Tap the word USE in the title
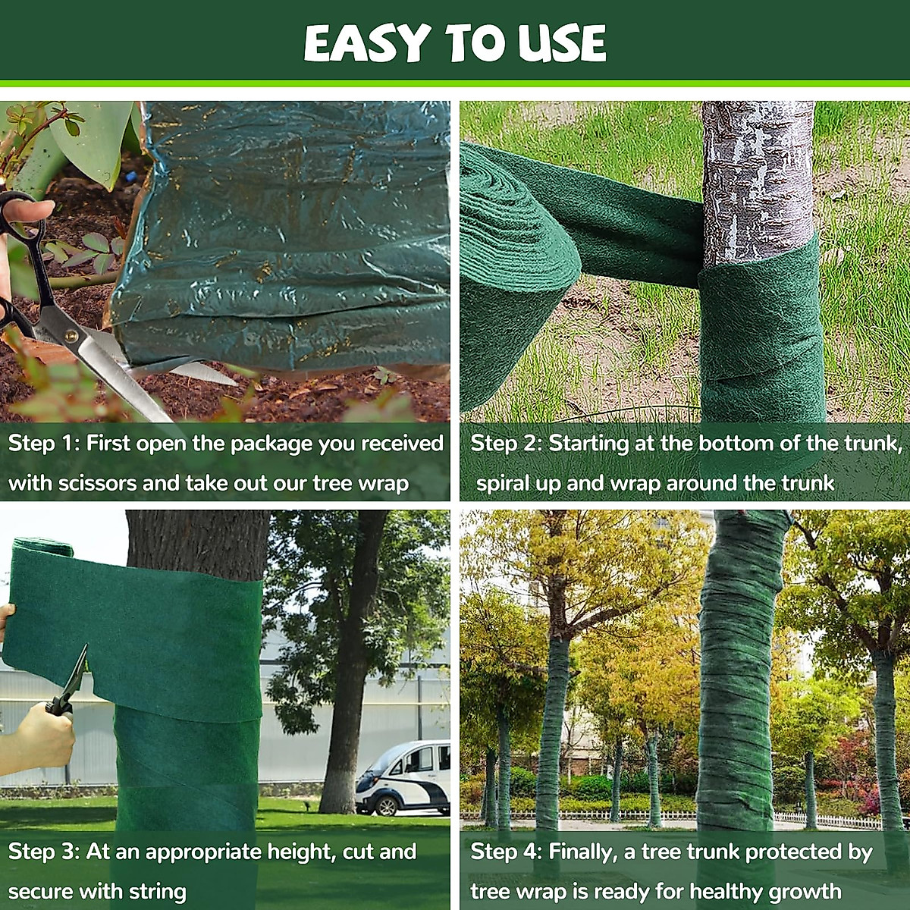tap(562, 44)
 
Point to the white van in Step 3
tap(403, 777)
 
